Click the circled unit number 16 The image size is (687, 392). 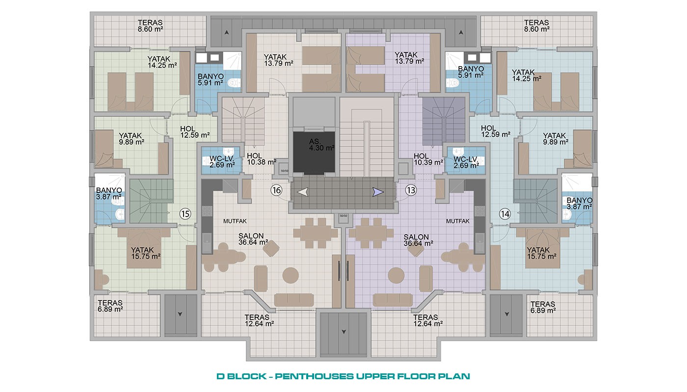click(276, 190)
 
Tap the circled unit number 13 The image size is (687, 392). click(411, 190)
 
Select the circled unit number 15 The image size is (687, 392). click(185, 214)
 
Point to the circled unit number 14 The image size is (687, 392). click(505, 214)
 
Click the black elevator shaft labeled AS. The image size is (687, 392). click(314, 152)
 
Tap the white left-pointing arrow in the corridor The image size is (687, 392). click(303, 192)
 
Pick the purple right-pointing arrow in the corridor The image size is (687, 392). click(378, 192)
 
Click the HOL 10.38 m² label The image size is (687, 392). click(262, 159)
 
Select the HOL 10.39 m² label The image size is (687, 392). click(428, 159)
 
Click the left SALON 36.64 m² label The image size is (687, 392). click(253, 239)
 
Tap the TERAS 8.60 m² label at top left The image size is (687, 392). click(150, 25)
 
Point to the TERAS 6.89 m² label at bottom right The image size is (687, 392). click(543, 307)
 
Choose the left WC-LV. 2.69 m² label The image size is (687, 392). click(222, 162)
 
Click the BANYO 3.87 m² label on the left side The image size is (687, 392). click(109, 194)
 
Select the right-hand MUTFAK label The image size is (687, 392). click(457, 221)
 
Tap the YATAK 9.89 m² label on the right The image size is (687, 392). click(555, 139)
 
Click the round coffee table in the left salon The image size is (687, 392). click(291, 275)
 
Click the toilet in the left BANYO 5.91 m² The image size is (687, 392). click(235, 83)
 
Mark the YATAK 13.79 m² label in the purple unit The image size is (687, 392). click(409, 58)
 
